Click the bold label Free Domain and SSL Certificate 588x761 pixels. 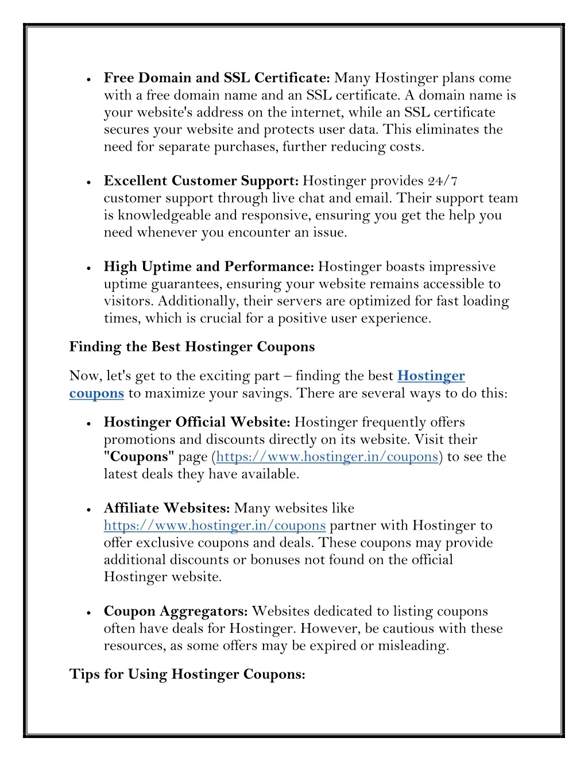tap(216, 78)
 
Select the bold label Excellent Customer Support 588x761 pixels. tap(201, 181)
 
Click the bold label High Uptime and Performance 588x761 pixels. tap(208, 267)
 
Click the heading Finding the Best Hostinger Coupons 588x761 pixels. tap(192, 347)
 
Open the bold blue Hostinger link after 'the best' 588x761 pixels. tap(431, 376)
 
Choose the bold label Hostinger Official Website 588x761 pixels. tap(197, 423)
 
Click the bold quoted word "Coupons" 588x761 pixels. tap(139, 457)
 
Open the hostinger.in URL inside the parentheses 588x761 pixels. tap(327, 457)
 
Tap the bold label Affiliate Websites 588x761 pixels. tap(167, 508)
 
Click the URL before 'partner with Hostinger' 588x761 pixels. tap(215, 526)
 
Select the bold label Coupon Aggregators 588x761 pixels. tap(176, 612)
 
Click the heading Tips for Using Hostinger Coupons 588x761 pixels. tap(187, 674)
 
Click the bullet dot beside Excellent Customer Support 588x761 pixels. tap(89, 182)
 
